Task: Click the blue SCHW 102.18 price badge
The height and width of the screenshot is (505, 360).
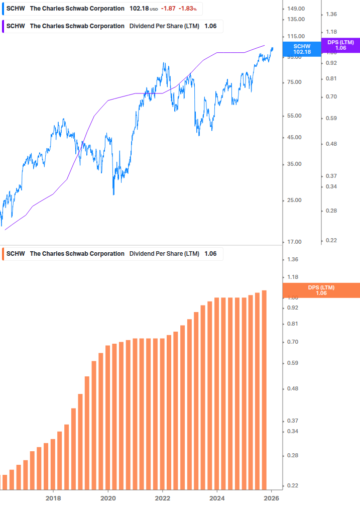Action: [302, 49]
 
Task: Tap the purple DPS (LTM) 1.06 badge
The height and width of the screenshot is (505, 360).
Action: [340, 45]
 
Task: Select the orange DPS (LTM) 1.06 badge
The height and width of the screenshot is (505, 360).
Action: [321, 290]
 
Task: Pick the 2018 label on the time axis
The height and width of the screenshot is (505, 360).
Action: [53, 497]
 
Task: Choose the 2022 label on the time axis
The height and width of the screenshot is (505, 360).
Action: [163, 497]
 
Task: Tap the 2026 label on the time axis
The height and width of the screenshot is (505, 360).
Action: [272, 497]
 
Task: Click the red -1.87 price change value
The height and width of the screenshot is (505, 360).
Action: [168, 9]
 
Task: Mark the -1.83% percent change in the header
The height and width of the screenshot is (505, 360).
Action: [188, 9]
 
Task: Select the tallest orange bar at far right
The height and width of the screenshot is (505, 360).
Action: [264, 389]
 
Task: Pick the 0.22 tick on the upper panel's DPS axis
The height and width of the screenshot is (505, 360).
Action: [331, 240]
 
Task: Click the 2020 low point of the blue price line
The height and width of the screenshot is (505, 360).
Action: [113, 194]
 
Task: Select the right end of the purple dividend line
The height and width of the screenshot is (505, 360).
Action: [265, 45]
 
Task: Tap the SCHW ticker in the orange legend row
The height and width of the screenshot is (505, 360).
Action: [16, 254]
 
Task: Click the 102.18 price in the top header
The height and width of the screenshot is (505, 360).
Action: [139, 9]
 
